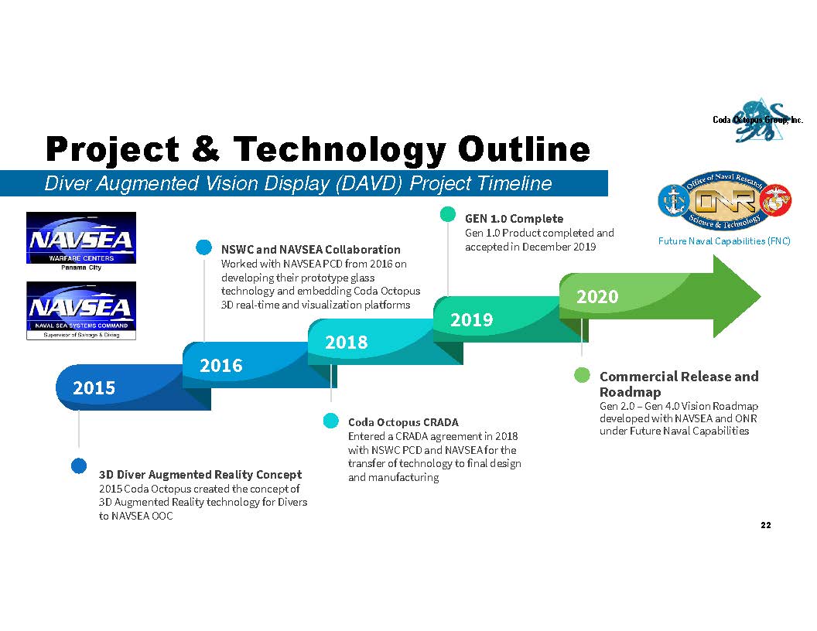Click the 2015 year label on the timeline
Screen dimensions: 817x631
tap(94, 388)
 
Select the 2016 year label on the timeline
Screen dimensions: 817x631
tap(221, 366)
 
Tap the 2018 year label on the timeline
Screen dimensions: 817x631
tap(347, 343)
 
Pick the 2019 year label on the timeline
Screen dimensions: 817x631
tap(471, 319)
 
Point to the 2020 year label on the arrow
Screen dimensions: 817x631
tap(597, 297)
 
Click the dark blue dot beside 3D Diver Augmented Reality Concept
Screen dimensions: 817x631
tap(79, 466)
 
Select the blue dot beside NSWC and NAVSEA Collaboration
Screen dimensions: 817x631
tap(203, 247)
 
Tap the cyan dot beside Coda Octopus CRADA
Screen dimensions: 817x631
tap(331, 420)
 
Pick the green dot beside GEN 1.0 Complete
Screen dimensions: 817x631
tap(448, 214)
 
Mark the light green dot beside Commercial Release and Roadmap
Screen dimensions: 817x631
tap(582, 375)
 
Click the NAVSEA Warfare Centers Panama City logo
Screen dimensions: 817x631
tap(81, 241)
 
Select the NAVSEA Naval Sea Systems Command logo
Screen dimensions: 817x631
tap(81, 311)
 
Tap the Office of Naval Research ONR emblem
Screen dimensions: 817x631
tap(725, 200)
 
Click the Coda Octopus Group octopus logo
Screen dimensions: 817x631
tap(758, 121)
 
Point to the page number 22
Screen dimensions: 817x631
tap(766, 525)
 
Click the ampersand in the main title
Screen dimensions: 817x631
tap(206, 149)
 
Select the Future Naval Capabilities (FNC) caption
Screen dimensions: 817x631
tap(724, 241)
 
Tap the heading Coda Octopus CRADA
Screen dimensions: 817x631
tap(403, 422)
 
